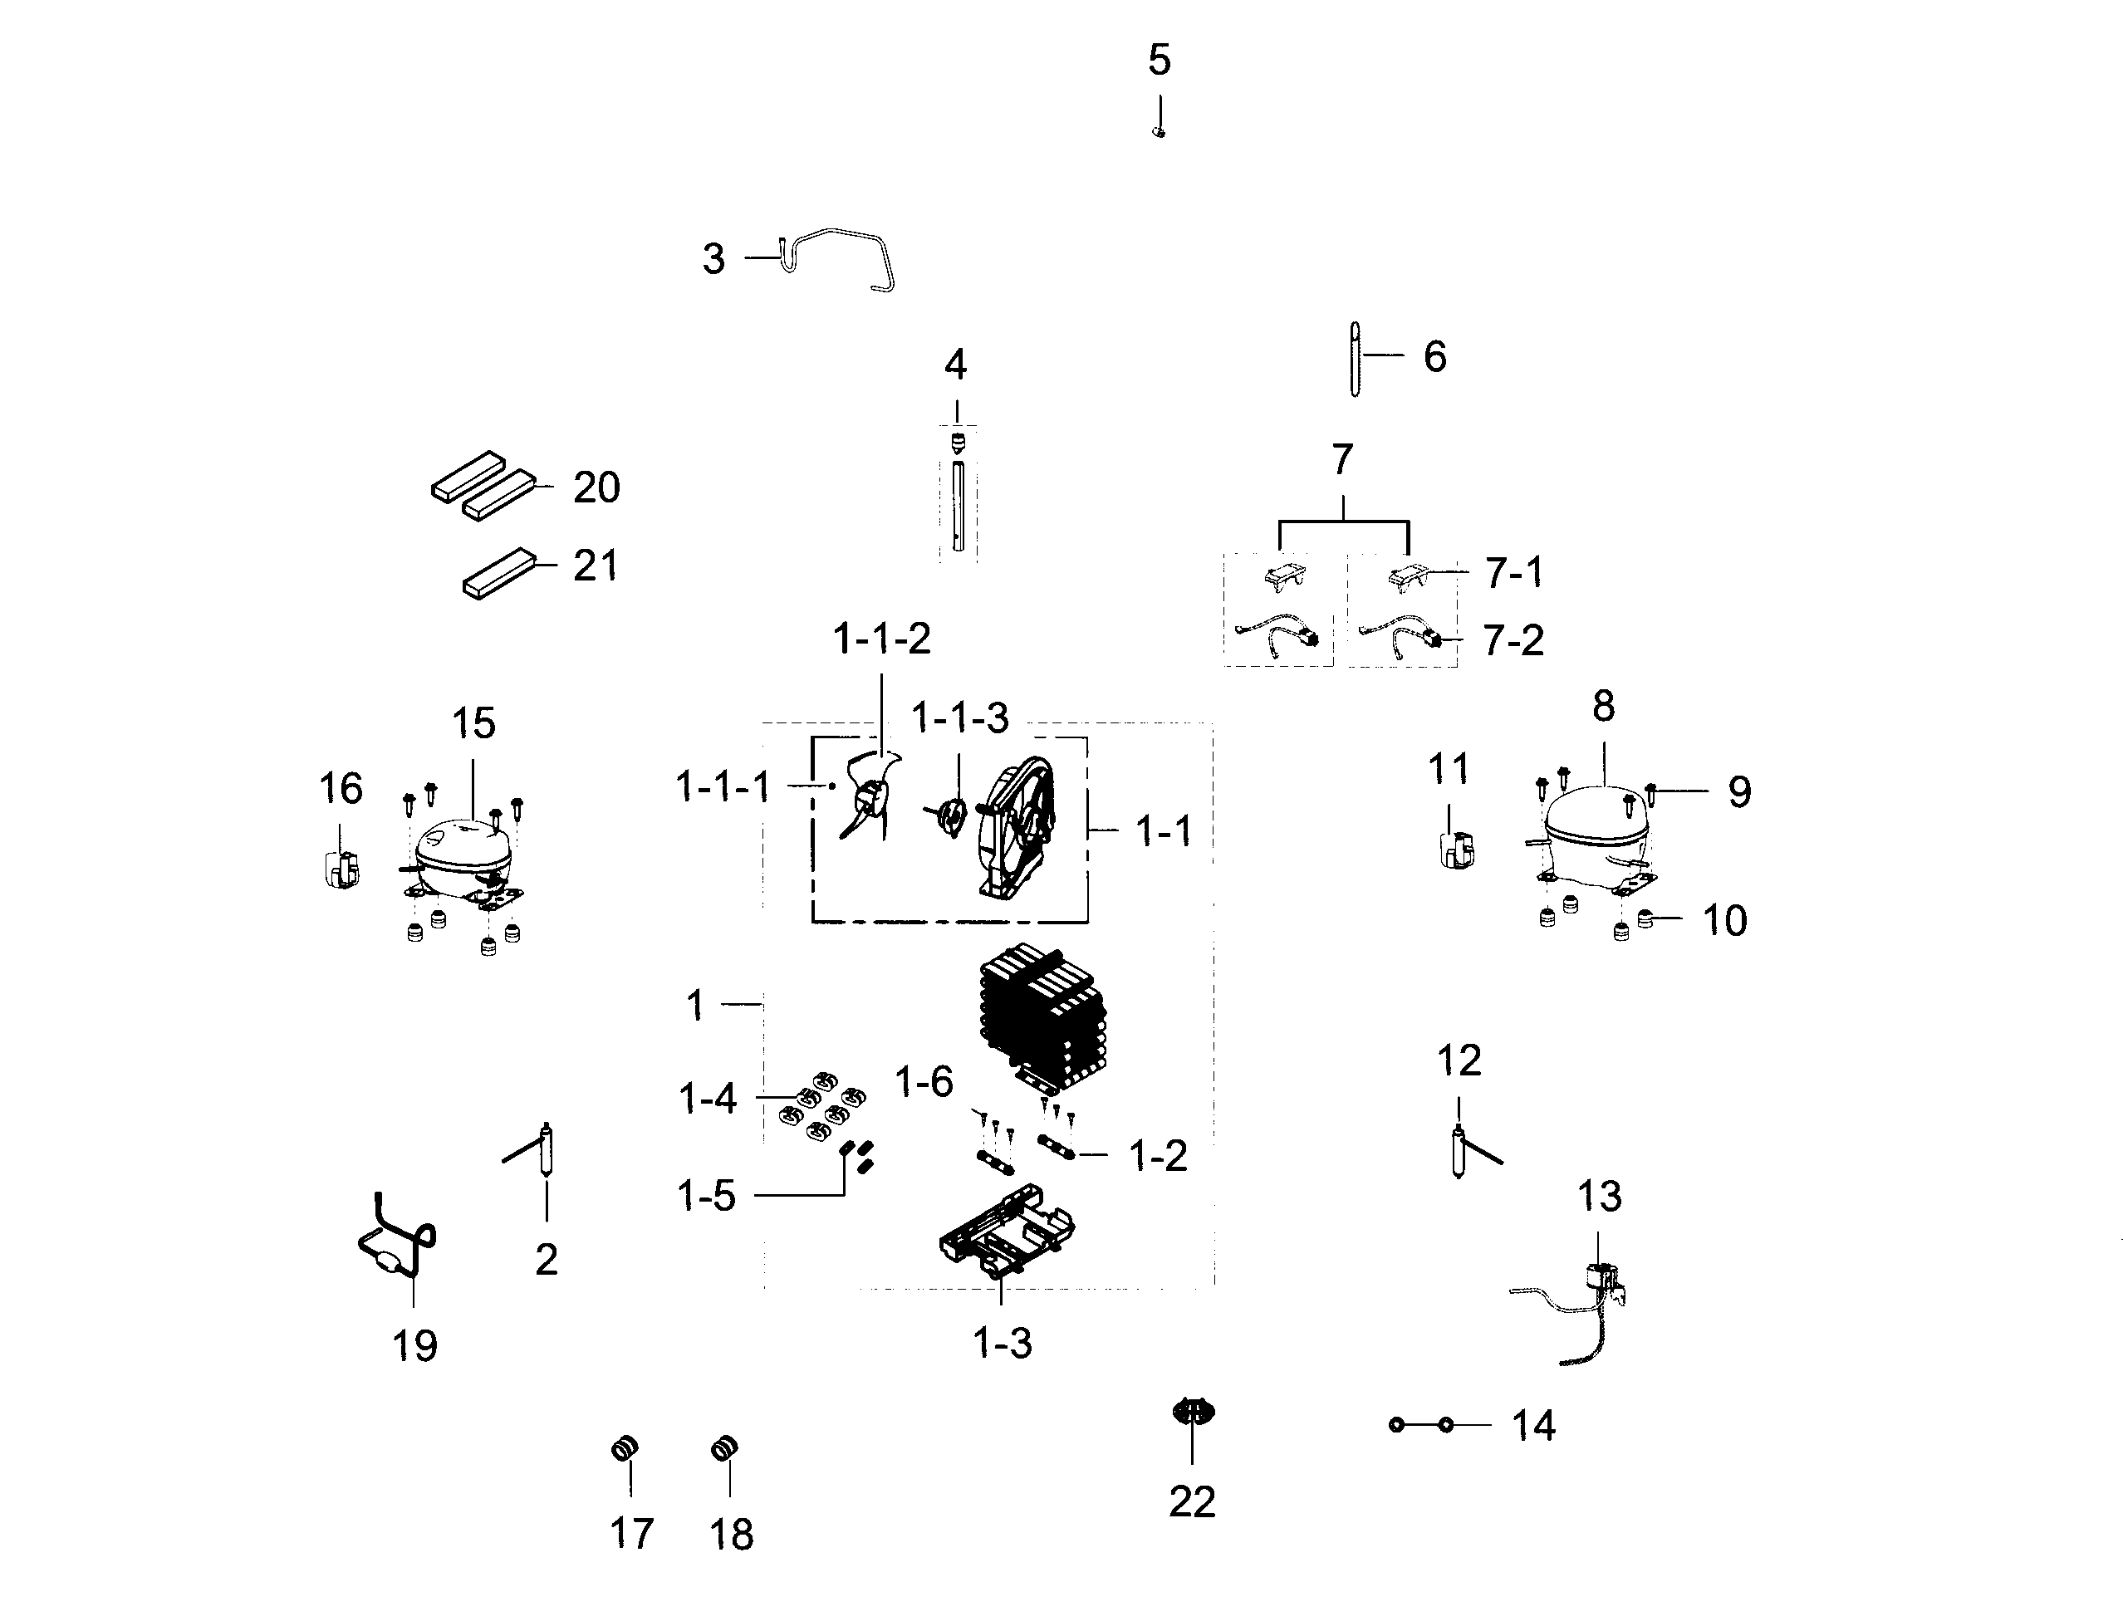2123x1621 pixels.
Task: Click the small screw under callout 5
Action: pos(1159,132)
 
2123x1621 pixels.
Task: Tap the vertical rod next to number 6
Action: pos(1355,358)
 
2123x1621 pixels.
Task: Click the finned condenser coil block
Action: pos(1042,1018)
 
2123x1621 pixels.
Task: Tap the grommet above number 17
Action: pos(625,1448)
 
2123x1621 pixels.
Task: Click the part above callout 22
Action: pos(1193,1413)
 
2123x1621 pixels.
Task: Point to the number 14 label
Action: pos(1532,1425)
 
